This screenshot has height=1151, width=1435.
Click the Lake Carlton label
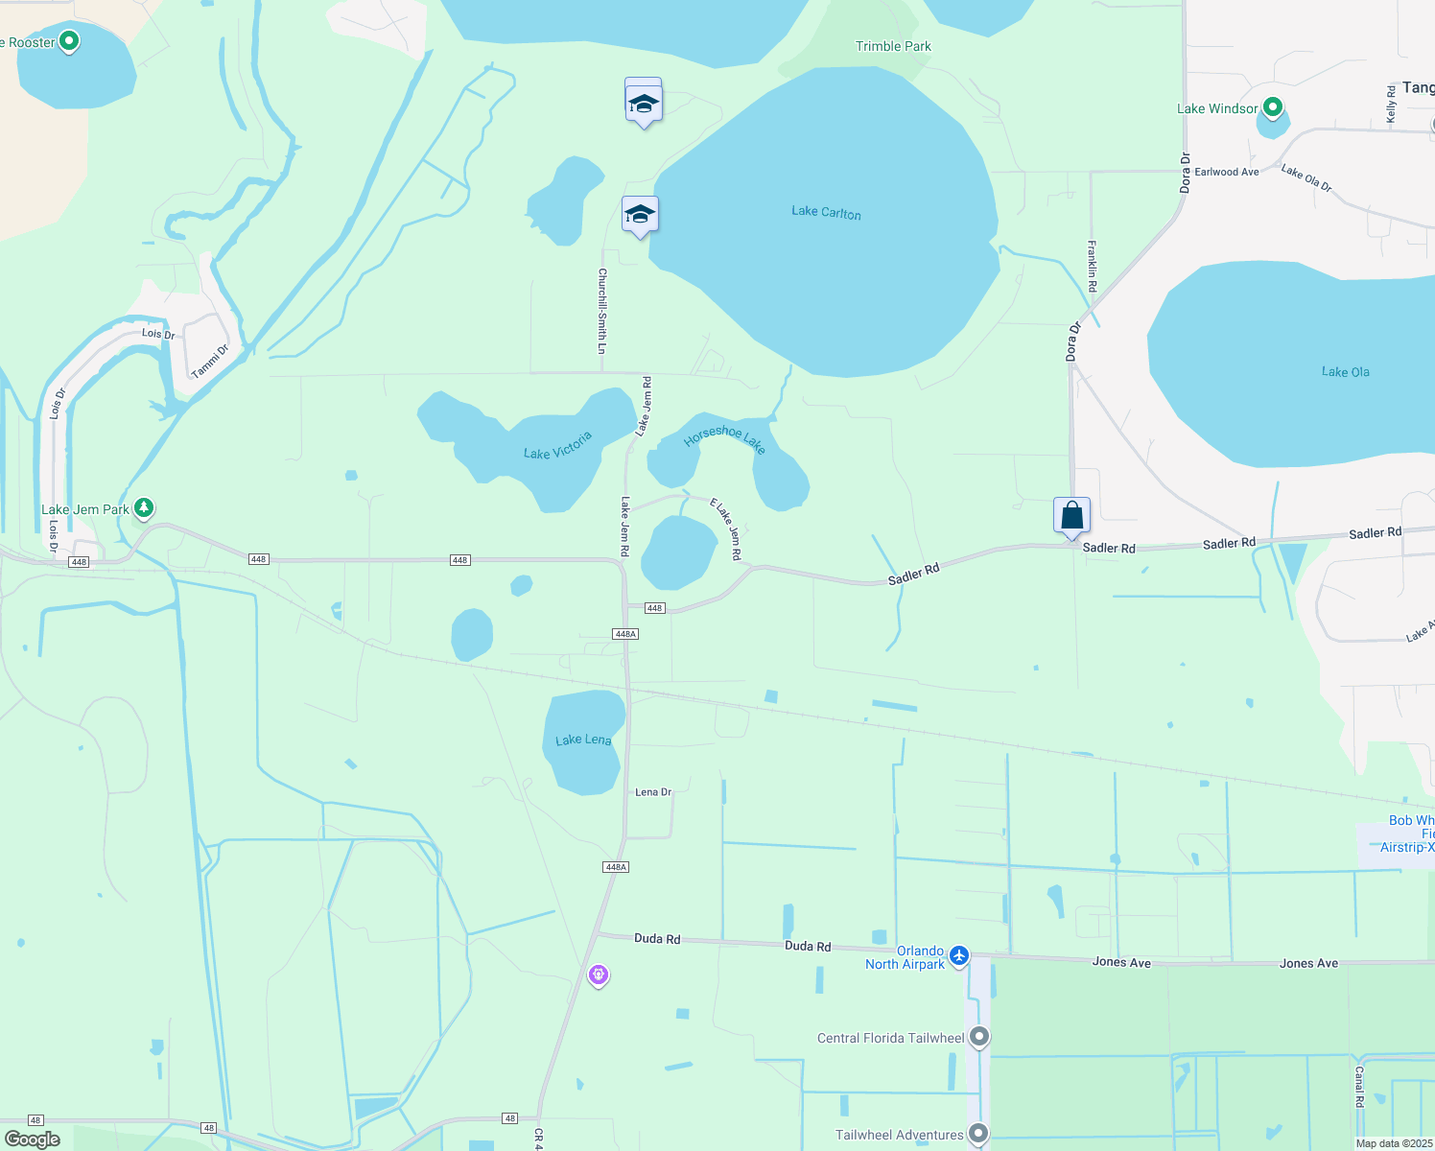826,212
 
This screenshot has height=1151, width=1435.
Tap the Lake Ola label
1346,371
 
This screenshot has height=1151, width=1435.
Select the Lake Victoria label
557,446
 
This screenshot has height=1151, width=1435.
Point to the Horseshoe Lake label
724,439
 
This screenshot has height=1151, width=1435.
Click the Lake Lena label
583,740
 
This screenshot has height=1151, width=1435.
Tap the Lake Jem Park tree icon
144,507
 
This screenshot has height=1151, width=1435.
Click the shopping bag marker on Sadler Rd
1071,516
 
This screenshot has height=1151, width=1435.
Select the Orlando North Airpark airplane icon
958,955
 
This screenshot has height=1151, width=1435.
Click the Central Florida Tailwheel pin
978,1037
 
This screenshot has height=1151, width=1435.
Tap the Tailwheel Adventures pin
978,1134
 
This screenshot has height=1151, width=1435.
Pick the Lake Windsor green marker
1273,107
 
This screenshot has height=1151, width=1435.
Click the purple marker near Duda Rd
599,975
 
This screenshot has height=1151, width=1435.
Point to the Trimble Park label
893,46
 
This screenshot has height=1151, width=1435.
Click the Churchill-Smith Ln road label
602,311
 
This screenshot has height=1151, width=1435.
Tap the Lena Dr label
653,792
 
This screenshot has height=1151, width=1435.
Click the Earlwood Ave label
1226,172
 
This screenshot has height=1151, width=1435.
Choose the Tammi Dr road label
209,362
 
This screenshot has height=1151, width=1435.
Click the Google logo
33,1139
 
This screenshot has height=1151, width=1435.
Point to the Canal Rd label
1358,1087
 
